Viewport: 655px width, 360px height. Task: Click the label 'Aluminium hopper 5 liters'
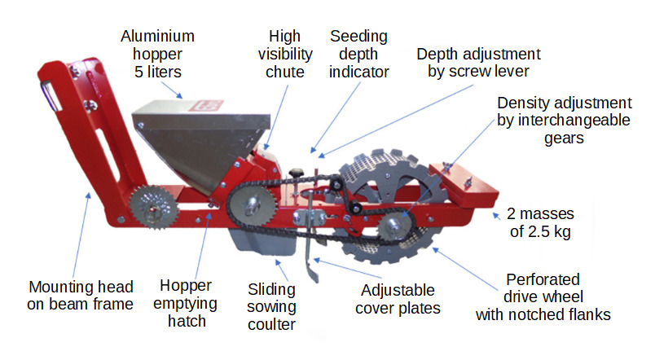158,54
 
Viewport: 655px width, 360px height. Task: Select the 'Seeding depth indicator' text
358,54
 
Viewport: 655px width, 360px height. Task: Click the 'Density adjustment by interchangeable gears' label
564,121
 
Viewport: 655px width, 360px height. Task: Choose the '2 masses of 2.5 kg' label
542,222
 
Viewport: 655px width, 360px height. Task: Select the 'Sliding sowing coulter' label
272,307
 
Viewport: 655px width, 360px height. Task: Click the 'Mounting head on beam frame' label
81,296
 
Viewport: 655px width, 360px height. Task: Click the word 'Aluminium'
158,37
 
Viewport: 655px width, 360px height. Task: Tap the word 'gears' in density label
564,138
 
